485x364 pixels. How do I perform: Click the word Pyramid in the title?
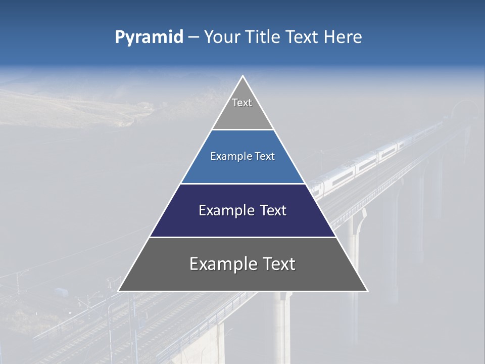149,37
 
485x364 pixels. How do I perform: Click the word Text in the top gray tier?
242,103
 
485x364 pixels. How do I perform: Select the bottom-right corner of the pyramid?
367,291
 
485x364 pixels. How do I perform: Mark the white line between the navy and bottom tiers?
243,237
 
